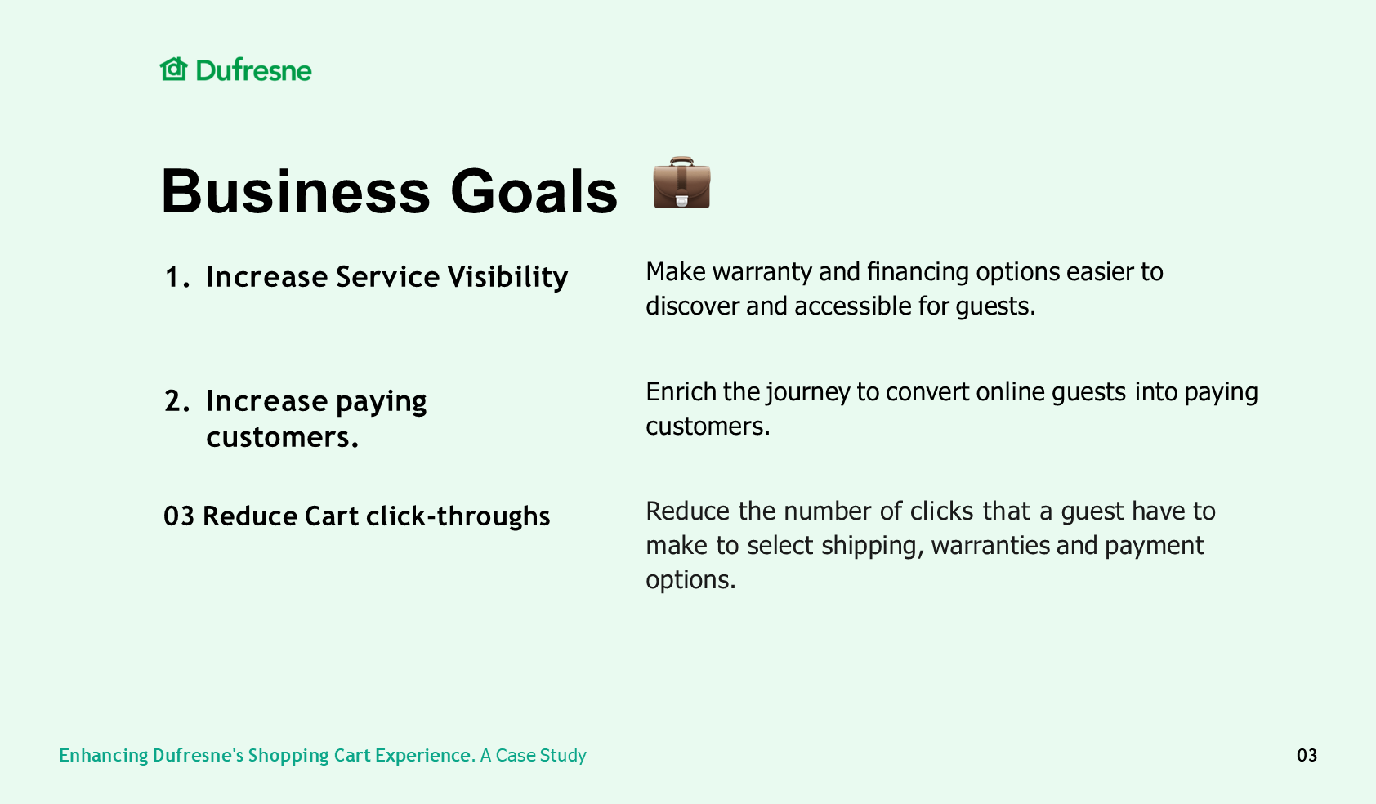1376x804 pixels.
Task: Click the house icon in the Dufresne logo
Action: pos(173,69)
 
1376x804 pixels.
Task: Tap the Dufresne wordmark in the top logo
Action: pos(253,70)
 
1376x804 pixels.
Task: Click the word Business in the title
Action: pos(296,192)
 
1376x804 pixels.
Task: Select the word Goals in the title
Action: pos(534,192)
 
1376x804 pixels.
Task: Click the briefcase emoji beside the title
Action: pos(681,183)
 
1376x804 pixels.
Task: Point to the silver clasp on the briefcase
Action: pos(681,200)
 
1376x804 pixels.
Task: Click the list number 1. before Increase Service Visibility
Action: pos(177,277)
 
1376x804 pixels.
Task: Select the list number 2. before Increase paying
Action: pos(177,401)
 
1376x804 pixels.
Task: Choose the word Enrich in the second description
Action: pos(681,392)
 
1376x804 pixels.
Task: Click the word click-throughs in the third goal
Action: pos(458,516)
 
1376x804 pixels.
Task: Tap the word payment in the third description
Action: pos(1155,547)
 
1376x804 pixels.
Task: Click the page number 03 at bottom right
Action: pos(1307,756)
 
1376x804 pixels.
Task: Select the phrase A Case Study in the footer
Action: pos(534,756)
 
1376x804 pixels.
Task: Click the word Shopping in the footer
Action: pos(288,756)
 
